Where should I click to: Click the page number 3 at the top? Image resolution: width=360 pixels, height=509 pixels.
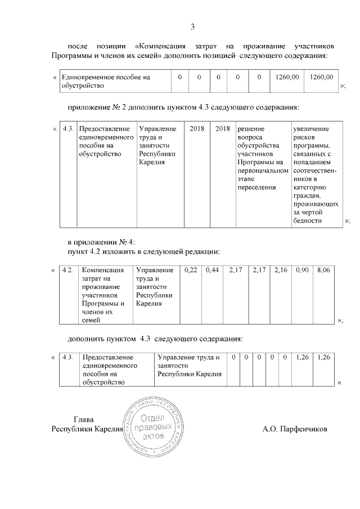[192, 27]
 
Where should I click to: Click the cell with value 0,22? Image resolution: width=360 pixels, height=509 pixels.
[191, 271]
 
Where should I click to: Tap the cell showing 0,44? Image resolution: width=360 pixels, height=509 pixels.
[212, 271]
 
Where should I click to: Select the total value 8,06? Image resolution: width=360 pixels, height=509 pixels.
[323, 271]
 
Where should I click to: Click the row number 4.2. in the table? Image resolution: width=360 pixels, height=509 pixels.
[68, 271]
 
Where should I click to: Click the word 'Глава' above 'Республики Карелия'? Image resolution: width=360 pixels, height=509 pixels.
[84, 420]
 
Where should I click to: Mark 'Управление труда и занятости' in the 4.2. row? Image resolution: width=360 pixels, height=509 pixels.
[155, 287]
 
